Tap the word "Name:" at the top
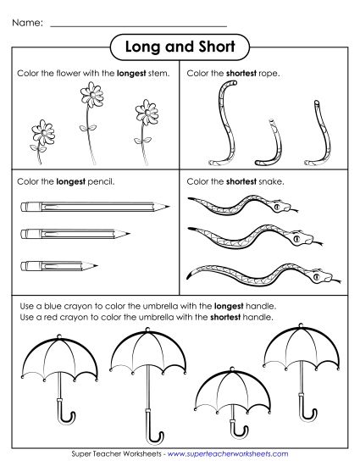tap(29, 24)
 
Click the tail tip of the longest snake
tap(188, 273)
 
